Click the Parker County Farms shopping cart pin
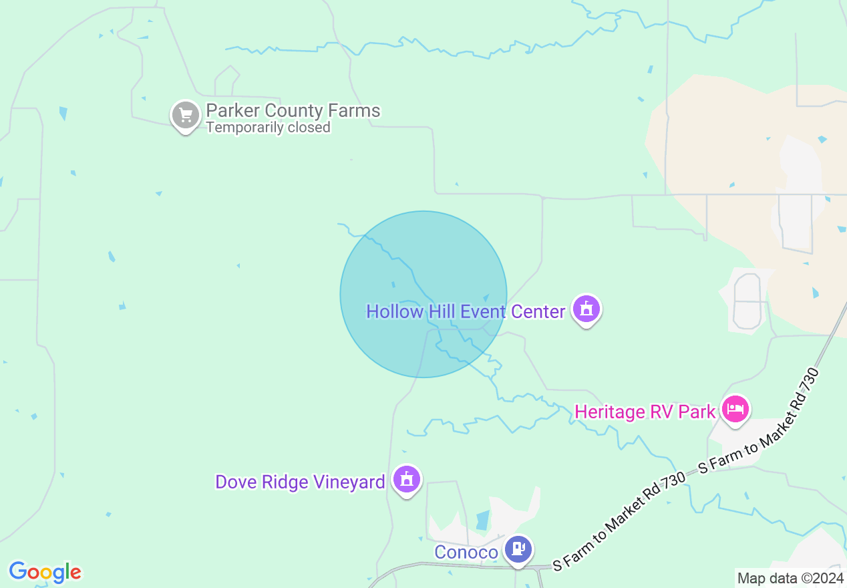[186, 116]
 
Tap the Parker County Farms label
[293, 110]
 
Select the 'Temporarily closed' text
[268, 127]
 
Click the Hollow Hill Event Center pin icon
[586, 309]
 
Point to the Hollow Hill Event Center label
[466, 311]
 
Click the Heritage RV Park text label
[645, 412]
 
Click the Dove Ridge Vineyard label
[300, 482]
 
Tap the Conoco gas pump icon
[518, 549]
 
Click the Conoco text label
[466, 553]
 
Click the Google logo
[45, 572]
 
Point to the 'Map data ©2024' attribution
[790, 578]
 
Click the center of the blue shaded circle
[423, 294]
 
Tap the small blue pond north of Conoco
[482, 520]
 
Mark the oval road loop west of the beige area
[747, 301]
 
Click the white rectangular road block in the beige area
[795, 223]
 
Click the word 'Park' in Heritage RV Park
[698, 412]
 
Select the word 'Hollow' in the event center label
[395, 311]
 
